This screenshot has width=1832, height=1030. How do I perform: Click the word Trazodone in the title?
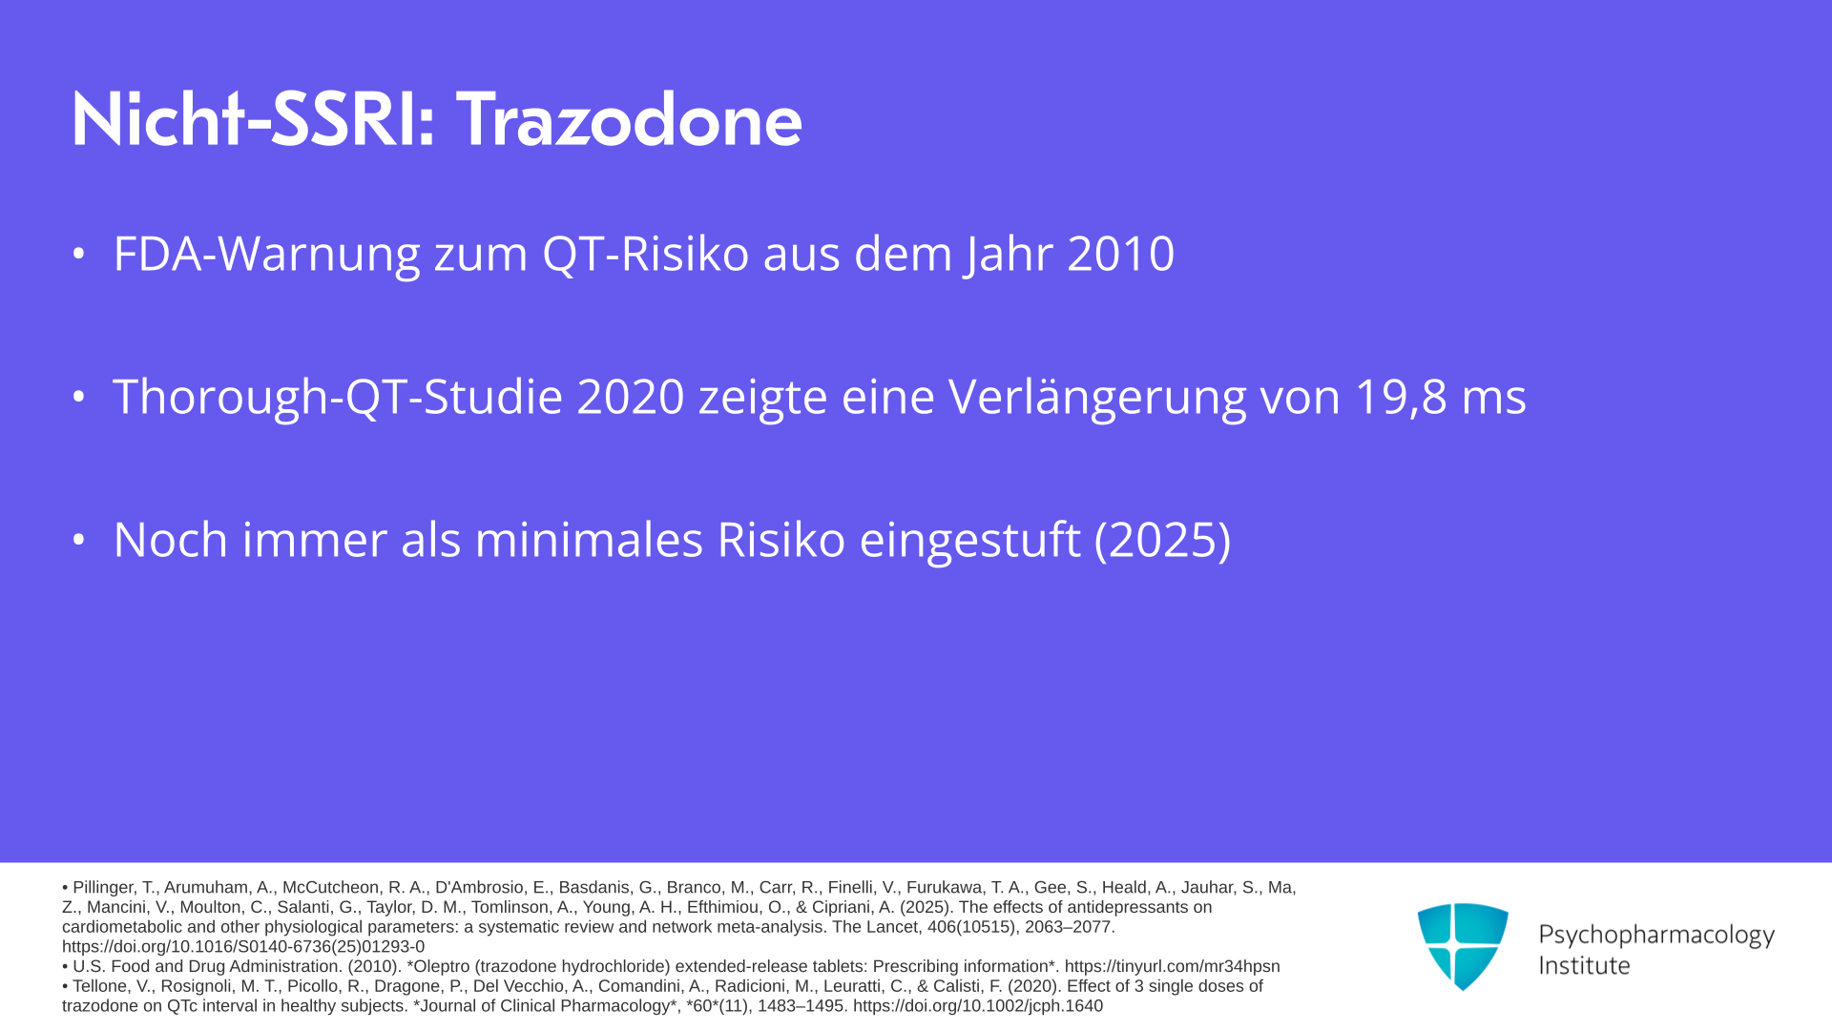630,120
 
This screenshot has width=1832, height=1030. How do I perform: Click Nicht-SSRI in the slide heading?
253,120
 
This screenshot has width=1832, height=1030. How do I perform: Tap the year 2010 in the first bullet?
1121,254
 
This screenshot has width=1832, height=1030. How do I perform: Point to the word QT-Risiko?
646,255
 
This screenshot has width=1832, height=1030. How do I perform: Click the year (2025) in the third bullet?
1162,541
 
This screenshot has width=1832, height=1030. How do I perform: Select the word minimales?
589,540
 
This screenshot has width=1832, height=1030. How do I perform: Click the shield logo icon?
1463,947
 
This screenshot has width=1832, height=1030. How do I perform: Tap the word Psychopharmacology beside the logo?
1656,936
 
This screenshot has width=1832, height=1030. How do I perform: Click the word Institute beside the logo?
1584,966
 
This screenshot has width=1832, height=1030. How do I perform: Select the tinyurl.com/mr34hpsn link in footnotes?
1172,966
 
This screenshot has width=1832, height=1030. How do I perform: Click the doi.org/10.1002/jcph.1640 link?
978,1006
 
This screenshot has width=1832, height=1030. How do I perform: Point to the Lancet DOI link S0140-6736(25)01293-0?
243,947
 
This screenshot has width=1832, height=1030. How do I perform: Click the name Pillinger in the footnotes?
114,888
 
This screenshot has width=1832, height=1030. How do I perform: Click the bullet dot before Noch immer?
79,541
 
